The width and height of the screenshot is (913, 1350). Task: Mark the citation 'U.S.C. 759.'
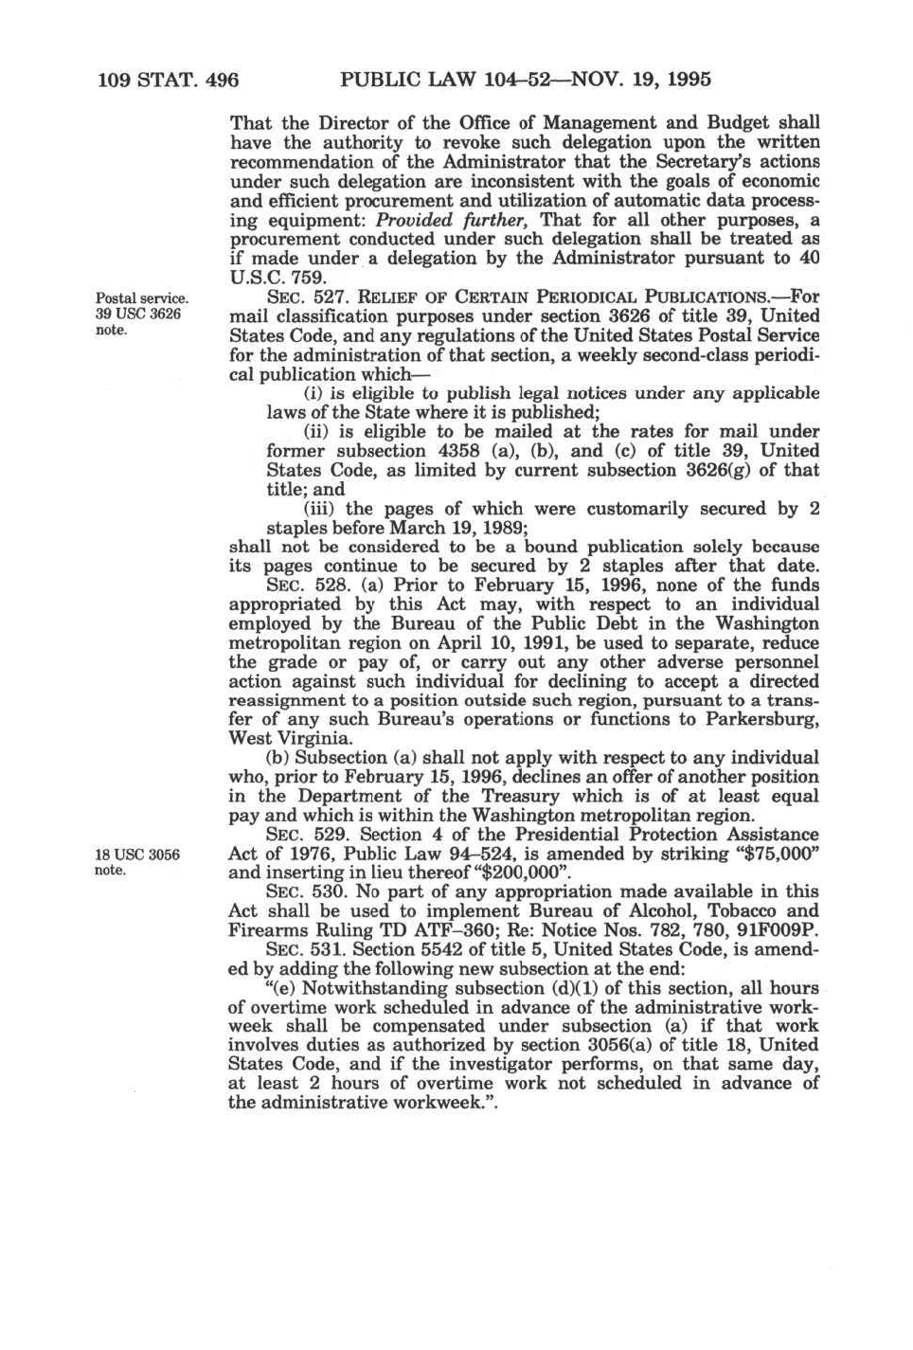[278, 279]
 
